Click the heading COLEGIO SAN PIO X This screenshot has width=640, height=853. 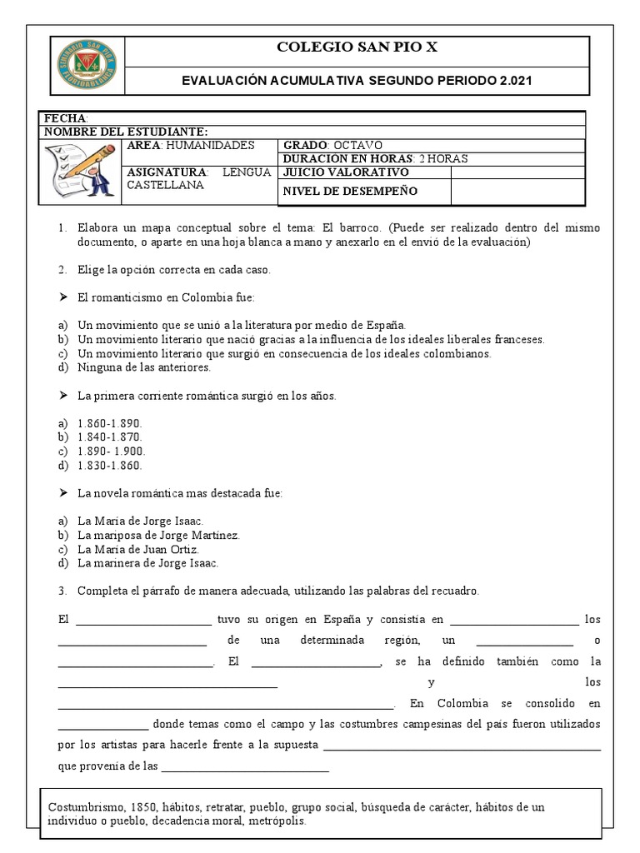click(356, 48)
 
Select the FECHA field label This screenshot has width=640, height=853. click(65, 119)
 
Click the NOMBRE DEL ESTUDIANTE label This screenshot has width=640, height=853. click(126, 132)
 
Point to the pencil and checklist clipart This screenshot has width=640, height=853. click(81, 170)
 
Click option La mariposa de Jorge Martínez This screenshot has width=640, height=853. click(158, 536)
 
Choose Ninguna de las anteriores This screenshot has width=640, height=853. click(144, 367)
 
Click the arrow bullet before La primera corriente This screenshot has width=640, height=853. click(62, 396)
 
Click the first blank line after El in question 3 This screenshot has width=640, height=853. click(144, 621)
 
